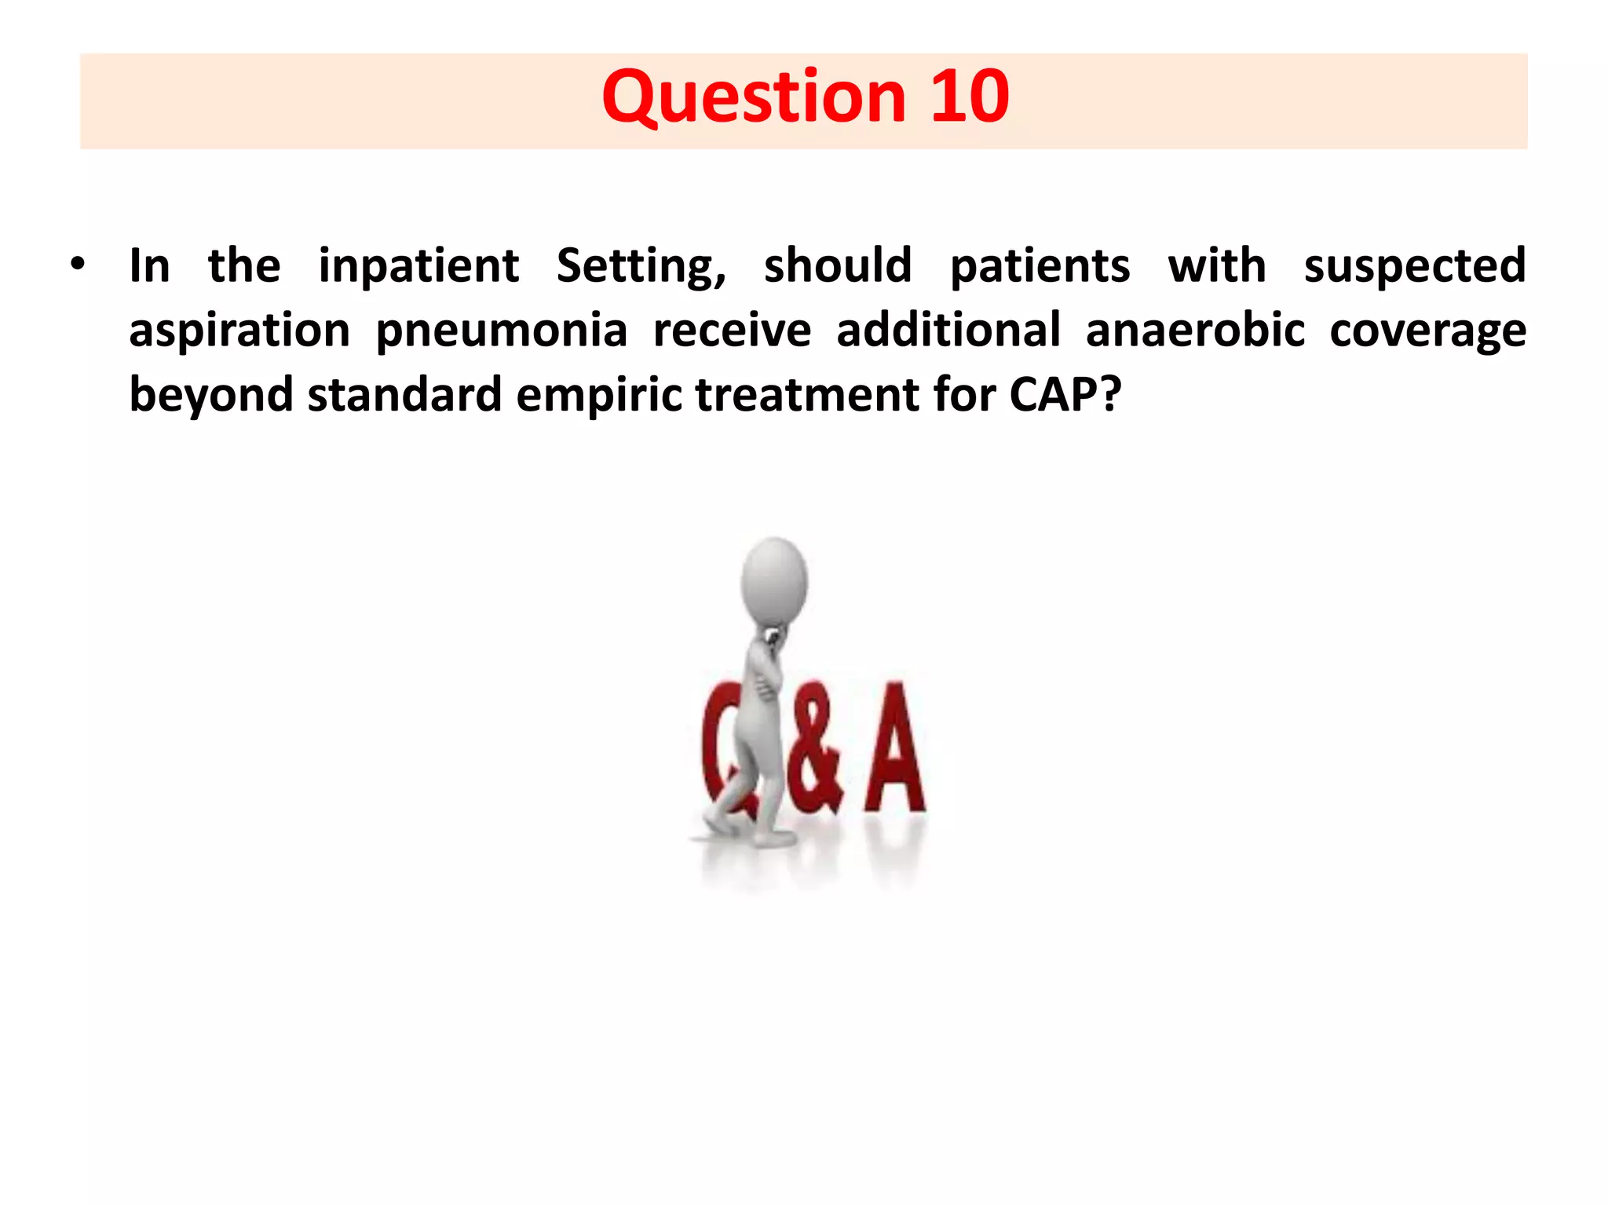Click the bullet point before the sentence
pos(77,265)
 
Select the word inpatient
pos(418,267)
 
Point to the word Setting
pos(640,267)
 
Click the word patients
pos(1040,267)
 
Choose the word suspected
pos(1415,267)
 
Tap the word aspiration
pos(239,331)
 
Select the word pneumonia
pos(502,331)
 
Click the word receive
pos(732,330)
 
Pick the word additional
pos(948,330)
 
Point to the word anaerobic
pos(1195,330)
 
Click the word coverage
pos(1427,331)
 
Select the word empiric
pos(599,395)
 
